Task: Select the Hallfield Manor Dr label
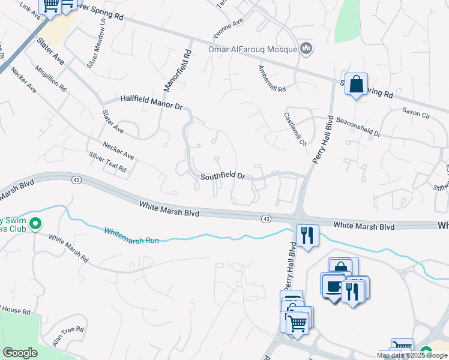coord(151,101)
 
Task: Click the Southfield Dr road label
coord(223,176)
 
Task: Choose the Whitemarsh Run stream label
coord(131,235)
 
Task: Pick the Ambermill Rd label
coord(272,79)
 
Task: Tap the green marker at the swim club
coord(35,224)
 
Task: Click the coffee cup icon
coord(332,285)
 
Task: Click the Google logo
coord(20,353)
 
